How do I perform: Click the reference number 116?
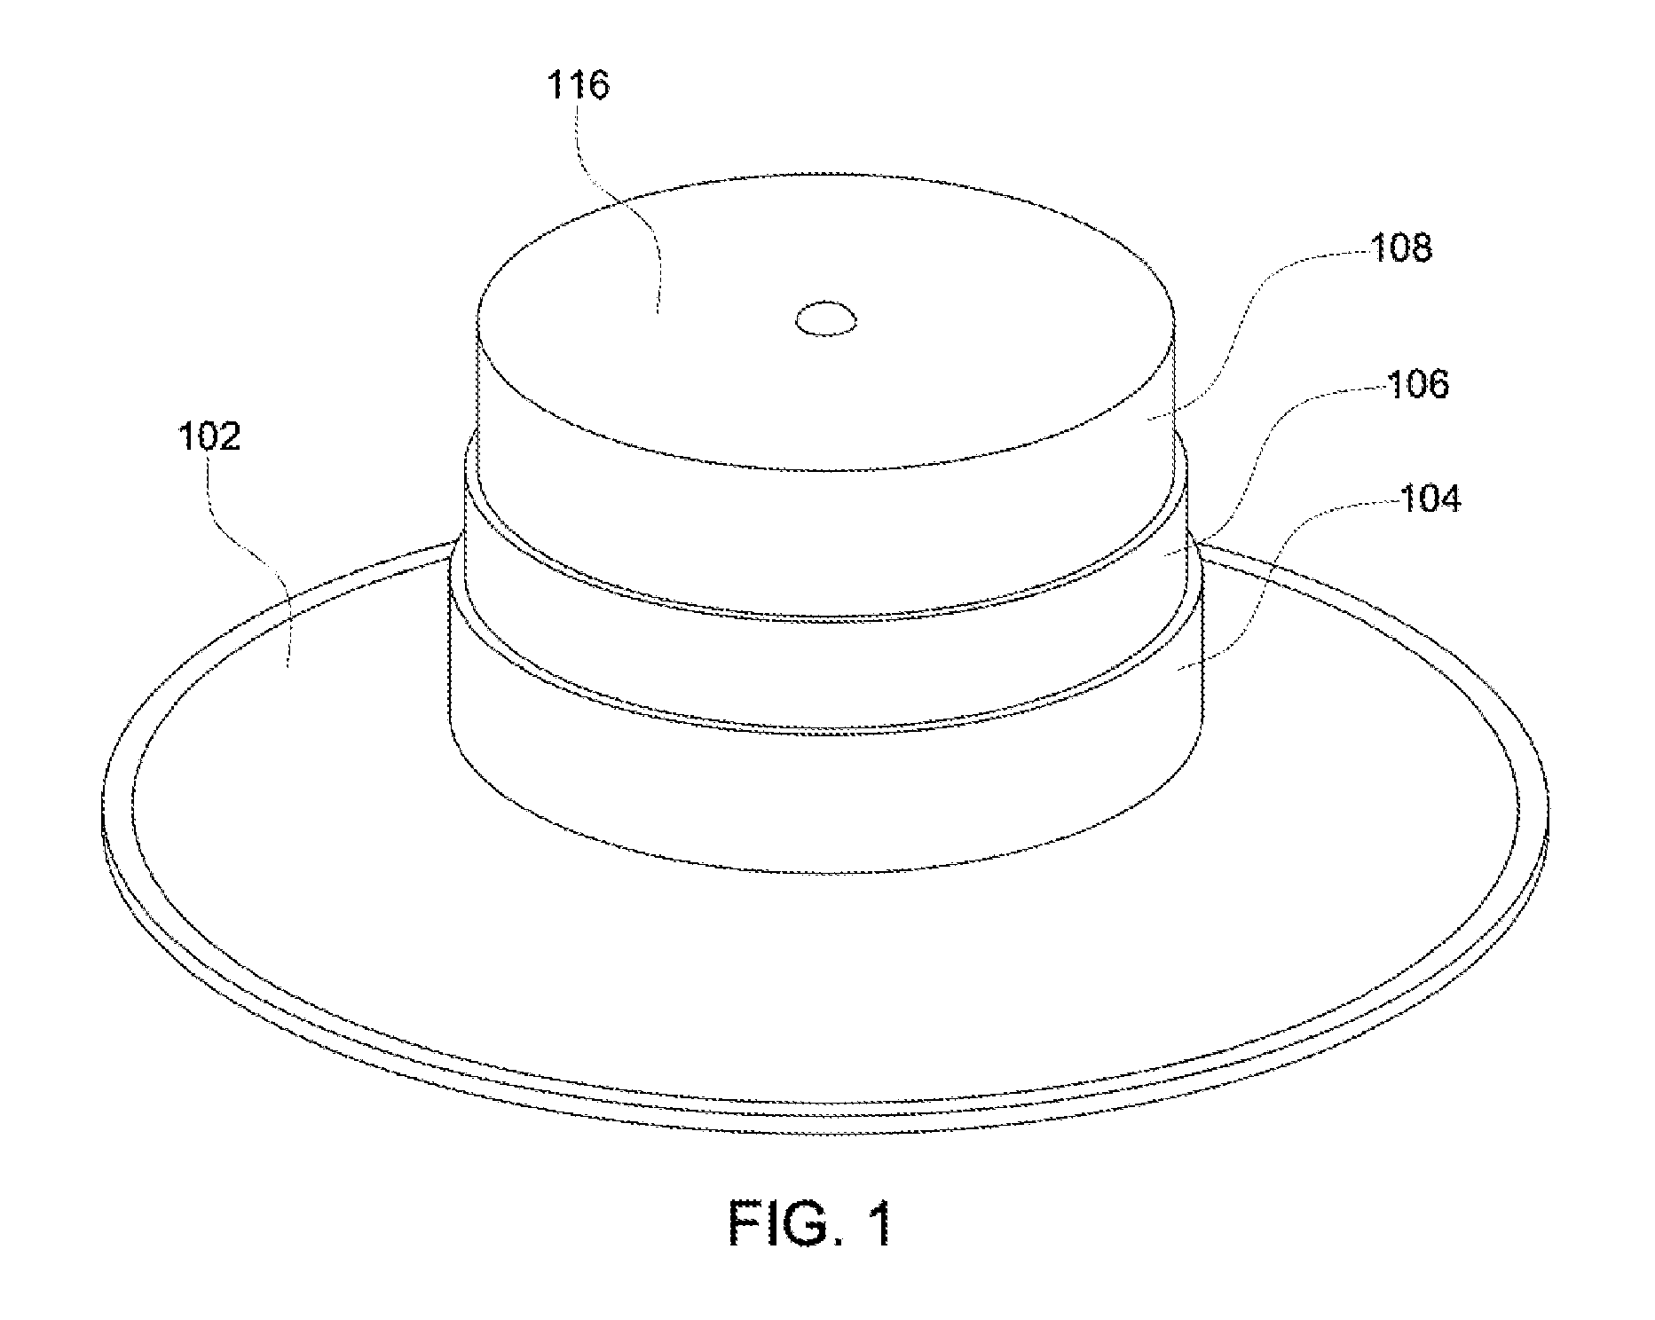click(579, 87)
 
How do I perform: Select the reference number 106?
click(1416, 385)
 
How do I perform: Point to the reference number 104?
click(1430, 500)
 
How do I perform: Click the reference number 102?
click(210, 437)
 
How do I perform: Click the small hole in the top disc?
click(826, 319)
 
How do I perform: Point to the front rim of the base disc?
click(825, 1123)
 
